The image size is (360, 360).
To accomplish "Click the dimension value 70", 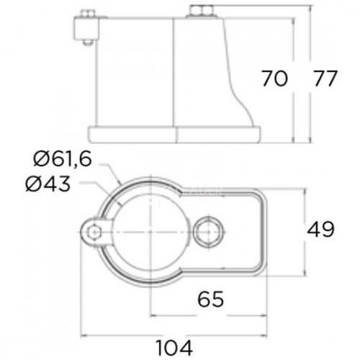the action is click(274, 78).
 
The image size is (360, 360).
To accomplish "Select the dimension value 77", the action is click(325, 78).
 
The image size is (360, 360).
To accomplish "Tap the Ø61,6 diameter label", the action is click(63, 159).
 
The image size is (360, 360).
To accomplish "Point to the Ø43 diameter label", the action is click(48, 184).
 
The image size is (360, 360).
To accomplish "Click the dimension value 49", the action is click(320, 230).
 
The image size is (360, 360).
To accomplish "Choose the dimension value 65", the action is click(210, 299).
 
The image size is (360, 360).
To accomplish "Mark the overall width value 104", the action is click(174, 348).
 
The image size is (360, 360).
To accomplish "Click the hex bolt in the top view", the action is click(208, 232).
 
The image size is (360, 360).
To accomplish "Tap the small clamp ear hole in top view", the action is click(94, 232).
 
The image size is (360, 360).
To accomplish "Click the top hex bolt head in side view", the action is click(202, 11).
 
